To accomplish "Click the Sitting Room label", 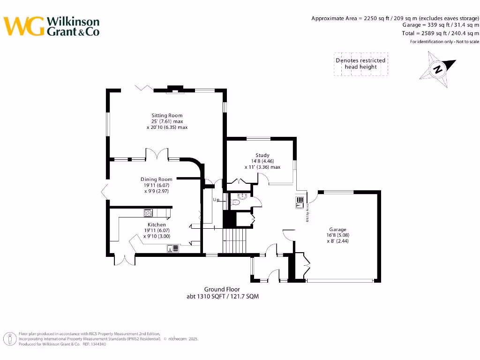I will [167, 115].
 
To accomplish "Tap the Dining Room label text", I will [157, 179].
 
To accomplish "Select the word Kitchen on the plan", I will [157, 225].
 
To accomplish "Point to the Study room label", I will [262, 155].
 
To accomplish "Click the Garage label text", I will [337, 230].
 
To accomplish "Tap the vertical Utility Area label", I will [307, 213].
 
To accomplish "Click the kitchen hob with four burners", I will [148, 213].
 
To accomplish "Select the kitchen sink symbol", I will [172, 248].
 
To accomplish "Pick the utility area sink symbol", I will [299, 202].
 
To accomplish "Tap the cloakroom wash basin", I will [242, 197].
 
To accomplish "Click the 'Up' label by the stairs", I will [216, 200].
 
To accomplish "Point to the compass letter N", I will [438, 70].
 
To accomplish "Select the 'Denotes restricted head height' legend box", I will [360, 64].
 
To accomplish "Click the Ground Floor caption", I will [222, 289].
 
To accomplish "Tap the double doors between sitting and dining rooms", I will [157, 155].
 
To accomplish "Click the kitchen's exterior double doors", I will [123, 261].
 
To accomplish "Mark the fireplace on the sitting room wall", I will [176, 90].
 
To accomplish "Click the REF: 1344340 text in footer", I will [94, 344].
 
